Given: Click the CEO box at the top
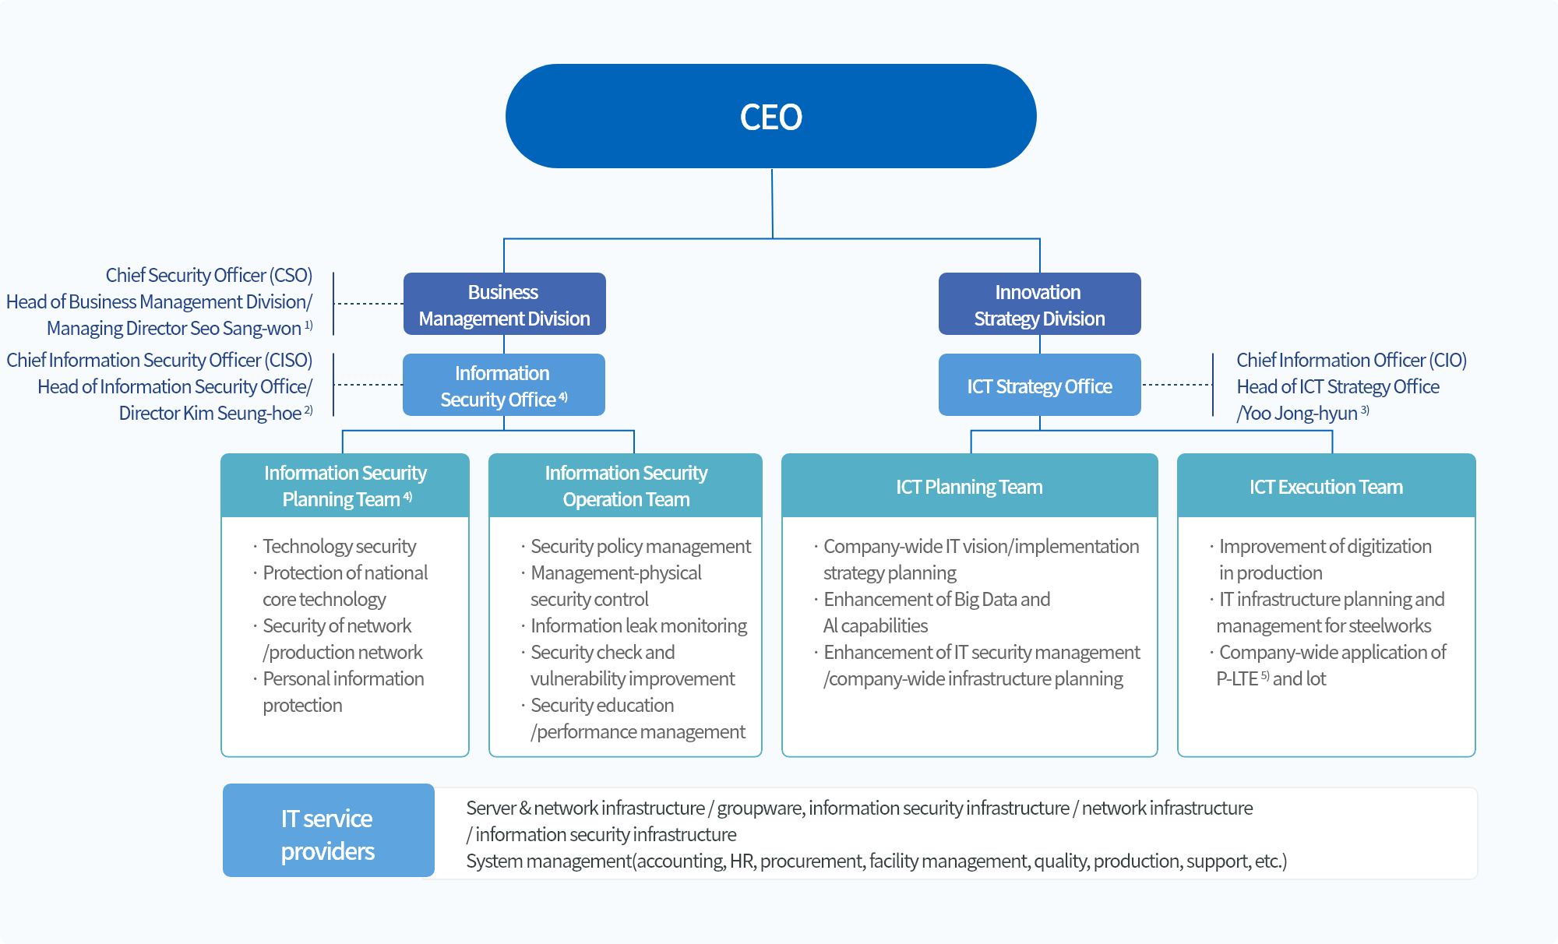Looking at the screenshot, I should (770, 117).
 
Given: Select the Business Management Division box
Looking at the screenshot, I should (504, 305).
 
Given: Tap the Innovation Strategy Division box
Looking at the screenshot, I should (1039, 305).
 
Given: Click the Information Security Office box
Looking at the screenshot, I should (503, 386).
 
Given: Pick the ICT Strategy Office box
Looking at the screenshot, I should (1039, 386).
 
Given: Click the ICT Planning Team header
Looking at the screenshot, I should (969, 487).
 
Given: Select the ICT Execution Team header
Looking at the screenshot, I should (1326, 487).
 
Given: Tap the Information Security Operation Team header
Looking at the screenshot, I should (626, 486).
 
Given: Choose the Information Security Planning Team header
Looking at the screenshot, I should (345, 486).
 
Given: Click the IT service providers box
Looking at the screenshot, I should (328, 834).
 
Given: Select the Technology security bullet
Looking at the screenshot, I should (339, 547).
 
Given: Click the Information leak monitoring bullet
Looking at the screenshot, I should (638, 626).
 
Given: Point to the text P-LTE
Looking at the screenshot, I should (1237, 679).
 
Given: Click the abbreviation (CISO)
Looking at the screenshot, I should (287, 361).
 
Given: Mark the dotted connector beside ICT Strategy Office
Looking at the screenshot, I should (1176, 385).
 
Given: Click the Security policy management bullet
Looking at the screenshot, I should (640, 547).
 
